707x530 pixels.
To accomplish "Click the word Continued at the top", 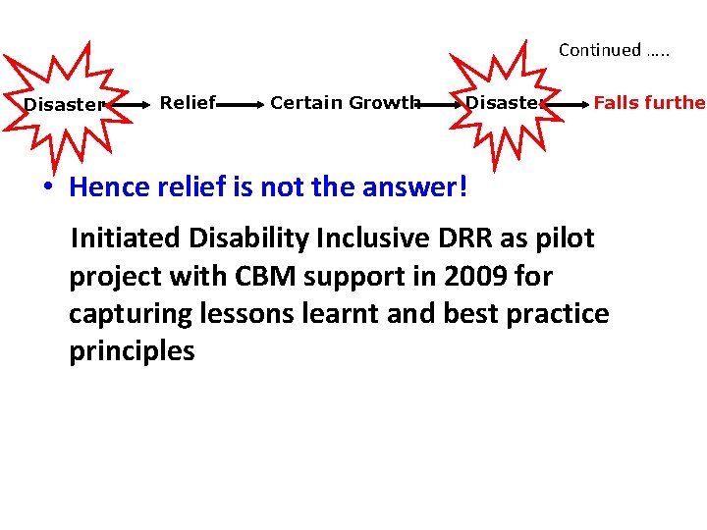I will click(600, 50).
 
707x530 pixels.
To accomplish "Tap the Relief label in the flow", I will click(188, 102).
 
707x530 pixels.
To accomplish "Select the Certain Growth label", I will click(345, 102).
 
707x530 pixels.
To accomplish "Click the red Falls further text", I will click(649, 102).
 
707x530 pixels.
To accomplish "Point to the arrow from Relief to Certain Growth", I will click(242, 102).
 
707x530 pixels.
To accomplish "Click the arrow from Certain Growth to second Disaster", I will click(440, 102).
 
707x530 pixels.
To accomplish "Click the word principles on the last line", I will click(132, 351).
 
